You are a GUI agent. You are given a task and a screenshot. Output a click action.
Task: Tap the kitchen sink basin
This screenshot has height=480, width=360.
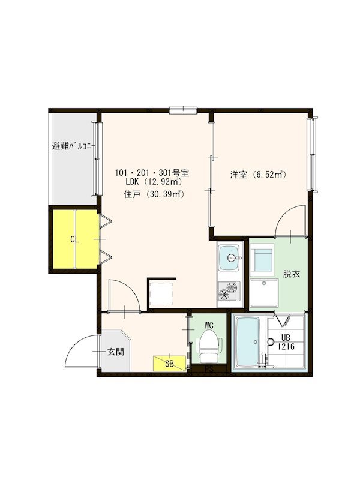coord(229,259)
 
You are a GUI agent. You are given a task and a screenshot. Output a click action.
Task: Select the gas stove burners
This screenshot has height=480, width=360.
coord(229,290)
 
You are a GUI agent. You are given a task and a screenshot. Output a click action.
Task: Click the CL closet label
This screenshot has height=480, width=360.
coord(74,239)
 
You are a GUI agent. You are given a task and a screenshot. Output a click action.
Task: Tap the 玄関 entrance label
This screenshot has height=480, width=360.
coord(116,352)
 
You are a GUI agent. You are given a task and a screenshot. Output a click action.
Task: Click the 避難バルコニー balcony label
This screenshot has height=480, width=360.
coord(73,146)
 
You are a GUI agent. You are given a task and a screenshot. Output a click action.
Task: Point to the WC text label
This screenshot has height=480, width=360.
coord(209,325)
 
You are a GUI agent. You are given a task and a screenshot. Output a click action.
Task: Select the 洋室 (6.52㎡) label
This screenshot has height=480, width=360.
coord(258,175)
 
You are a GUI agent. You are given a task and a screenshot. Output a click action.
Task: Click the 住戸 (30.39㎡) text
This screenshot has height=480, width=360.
coord(153,194)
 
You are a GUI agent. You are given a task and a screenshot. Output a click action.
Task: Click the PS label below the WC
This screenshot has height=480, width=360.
coord(209,369)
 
